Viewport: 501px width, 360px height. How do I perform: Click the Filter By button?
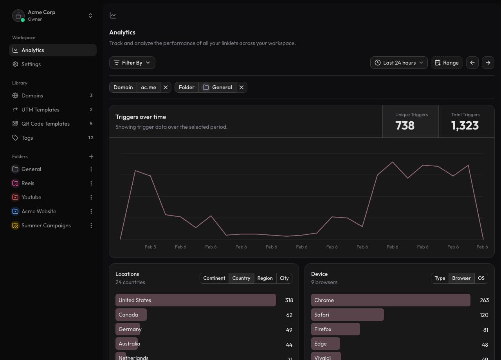132,63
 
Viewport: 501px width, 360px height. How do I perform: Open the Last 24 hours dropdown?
399,63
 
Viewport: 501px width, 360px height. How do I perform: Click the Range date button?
447,63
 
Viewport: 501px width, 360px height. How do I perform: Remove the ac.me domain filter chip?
166,87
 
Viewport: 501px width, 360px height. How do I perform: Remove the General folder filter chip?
241,87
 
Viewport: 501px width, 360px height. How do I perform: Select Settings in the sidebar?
31,64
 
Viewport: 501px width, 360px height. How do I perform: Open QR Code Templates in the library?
45,124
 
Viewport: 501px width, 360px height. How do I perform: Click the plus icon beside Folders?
91,157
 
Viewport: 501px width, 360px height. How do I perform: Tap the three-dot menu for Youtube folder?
91,197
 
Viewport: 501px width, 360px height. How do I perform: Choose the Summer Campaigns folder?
46,225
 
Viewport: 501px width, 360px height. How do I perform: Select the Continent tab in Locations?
214,278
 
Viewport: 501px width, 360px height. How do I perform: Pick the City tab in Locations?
284,278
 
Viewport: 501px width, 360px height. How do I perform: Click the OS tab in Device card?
481,278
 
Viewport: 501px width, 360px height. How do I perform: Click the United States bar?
195,300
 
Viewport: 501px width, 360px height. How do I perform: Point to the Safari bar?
347,315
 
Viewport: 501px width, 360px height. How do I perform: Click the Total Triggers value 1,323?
465,126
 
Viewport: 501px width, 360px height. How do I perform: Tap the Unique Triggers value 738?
405,126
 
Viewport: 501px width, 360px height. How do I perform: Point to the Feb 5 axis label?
150,247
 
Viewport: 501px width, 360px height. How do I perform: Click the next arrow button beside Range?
488,63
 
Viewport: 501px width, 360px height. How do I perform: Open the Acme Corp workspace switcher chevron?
90,16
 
